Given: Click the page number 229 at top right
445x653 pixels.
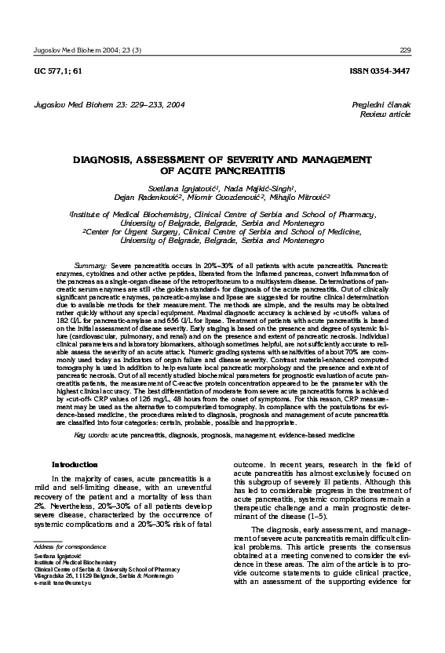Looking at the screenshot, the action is [x=404, y=49].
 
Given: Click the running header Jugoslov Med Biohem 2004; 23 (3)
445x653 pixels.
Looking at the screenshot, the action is [x=83, y=49].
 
